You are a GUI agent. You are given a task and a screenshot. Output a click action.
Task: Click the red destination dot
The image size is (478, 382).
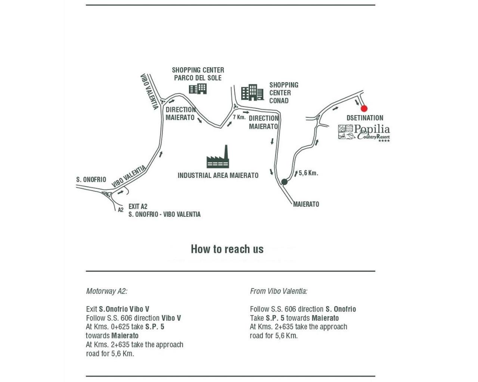coord(364,108)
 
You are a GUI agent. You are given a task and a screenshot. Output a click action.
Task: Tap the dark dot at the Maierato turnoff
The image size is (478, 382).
coord(284,182)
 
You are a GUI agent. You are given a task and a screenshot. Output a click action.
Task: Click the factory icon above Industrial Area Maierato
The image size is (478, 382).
coord(218,157)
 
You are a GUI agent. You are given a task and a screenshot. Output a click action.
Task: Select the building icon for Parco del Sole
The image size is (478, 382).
coord(198,89)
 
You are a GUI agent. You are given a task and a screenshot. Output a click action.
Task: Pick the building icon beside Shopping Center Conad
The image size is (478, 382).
coord(252,92)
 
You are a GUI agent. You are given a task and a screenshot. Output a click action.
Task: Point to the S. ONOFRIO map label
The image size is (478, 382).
coord(91,179)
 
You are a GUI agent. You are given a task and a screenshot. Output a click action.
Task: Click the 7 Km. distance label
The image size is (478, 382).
coord(239,117)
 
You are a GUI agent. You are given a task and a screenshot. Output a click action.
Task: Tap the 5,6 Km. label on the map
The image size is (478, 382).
coord(308,173)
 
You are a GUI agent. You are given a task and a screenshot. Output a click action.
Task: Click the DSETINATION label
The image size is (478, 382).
coord(365,118)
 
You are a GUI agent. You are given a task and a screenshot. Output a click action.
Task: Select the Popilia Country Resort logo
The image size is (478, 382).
coord(364,133)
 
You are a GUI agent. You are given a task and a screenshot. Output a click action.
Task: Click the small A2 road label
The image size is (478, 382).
coord(121,210)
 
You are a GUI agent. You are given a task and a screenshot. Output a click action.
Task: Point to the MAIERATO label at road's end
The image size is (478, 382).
coord(306,204)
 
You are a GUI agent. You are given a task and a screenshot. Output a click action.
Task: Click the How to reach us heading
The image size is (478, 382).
coord(227,249)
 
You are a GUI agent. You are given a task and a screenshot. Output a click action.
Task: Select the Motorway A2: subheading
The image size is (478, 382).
coord(107,291)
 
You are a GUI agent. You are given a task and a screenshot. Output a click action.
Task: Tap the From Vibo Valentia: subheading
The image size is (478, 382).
coord(279,291)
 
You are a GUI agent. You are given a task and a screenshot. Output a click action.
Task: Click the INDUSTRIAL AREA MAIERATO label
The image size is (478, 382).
coord(218,175)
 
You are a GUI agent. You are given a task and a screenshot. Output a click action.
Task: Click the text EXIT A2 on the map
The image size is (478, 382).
coord(138,207)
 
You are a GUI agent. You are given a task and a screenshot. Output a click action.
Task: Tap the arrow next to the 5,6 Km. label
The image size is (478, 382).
coord(296,174)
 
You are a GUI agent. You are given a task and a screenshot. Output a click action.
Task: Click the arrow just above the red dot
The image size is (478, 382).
coord(357,102)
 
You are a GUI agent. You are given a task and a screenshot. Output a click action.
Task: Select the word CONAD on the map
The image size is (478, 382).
coord(279,101)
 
